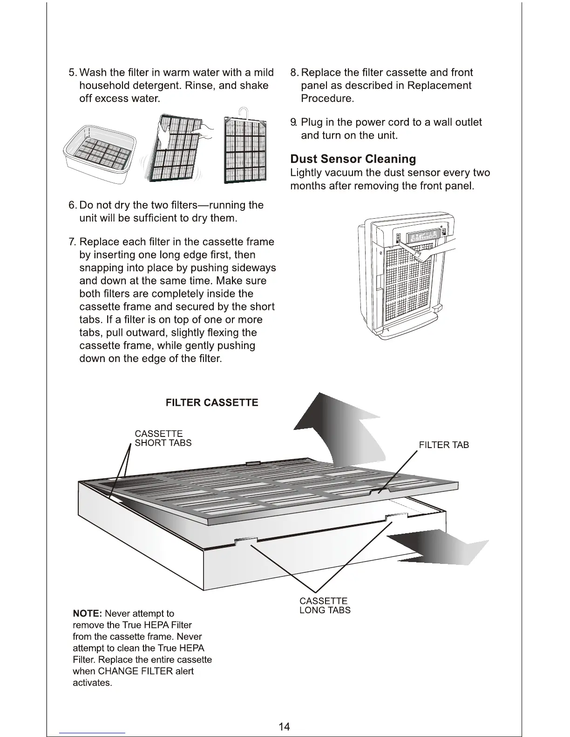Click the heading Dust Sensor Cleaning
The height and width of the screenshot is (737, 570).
353,159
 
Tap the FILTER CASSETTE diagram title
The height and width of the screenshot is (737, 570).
212,403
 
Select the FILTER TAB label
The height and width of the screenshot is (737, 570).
443,445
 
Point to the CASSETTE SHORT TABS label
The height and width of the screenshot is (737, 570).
163,438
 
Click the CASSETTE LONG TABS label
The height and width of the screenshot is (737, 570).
325,606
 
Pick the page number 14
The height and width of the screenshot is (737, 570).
284,726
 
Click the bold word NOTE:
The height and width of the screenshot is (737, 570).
87,614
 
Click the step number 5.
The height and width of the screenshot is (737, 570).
72,73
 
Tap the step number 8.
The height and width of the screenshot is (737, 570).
293,73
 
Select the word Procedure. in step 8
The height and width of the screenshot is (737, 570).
327,99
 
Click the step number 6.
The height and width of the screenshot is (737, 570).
72,206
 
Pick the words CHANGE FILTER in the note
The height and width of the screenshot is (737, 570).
129,671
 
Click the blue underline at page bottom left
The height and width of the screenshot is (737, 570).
92,733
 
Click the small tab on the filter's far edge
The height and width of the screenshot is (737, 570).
252,463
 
